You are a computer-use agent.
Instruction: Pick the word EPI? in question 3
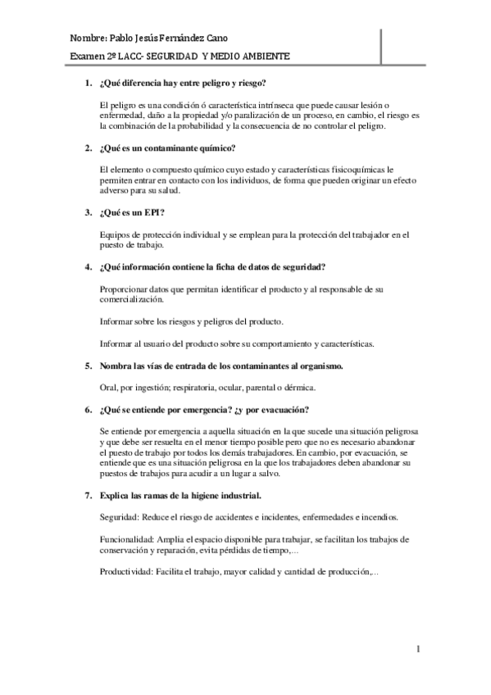pyautogui.click(x=152, y=212)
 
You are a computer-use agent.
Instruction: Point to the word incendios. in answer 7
pyautogui.click(x=378, y=518)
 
